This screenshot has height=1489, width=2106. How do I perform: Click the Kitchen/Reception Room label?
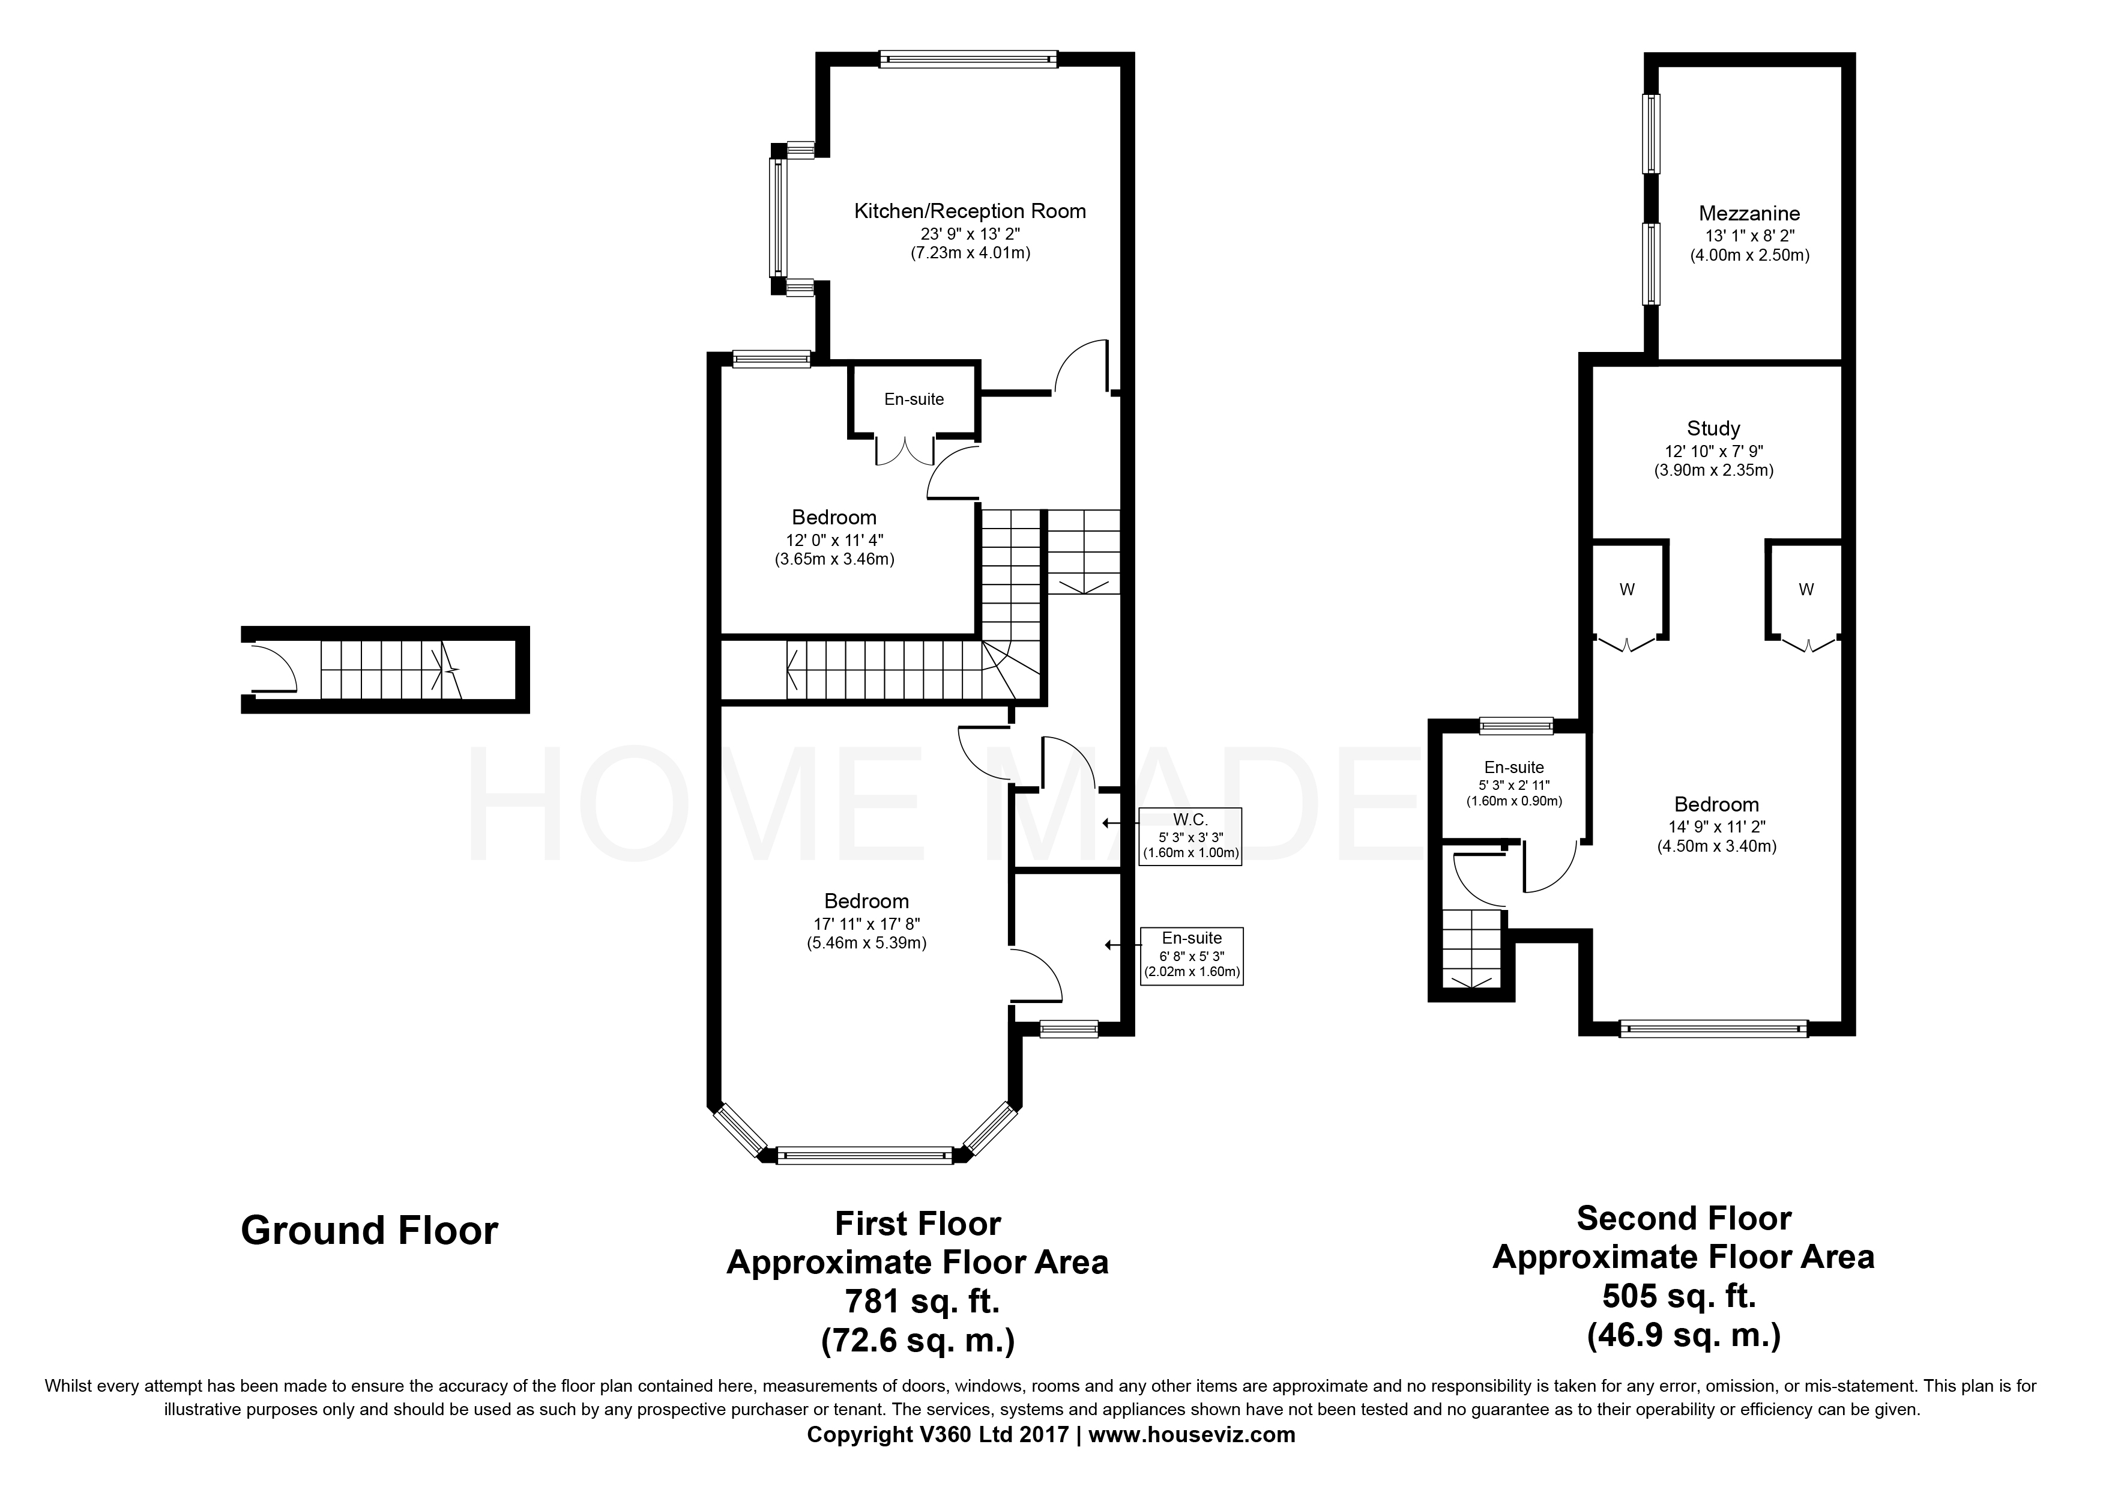(x=970, y=211)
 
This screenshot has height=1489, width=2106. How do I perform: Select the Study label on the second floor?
(x=1713, y=428)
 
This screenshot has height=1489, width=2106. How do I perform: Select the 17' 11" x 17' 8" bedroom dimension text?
(x=866, y=923)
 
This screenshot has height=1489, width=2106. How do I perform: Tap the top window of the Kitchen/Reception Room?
(x=968, y=59)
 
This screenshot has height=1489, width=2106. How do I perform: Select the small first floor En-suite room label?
(x=914, y=399)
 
